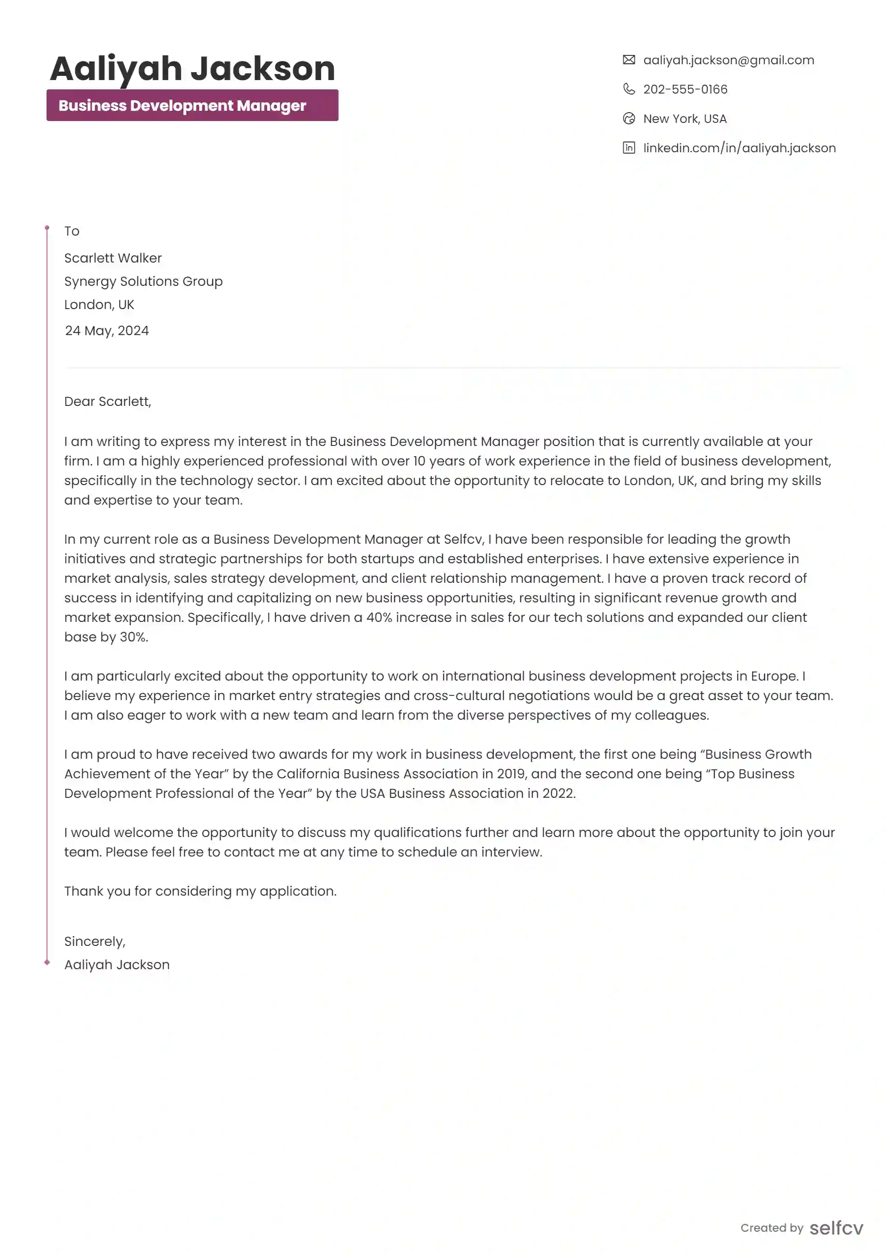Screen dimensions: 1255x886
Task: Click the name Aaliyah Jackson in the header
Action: [192, 69]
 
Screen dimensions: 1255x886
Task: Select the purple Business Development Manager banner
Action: [192, 106]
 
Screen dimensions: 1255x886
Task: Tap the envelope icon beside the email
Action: [629, 60]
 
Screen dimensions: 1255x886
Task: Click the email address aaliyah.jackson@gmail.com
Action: [728, 60]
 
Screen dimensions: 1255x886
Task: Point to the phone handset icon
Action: [629, 89]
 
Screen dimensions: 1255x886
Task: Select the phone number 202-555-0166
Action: [685, 89]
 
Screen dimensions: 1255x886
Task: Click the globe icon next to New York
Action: [629, 119]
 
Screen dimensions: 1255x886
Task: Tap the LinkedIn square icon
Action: [629, 148]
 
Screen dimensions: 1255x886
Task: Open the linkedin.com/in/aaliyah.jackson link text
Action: [739, 148]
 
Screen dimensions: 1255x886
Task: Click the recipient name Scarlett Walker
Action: [113, 258]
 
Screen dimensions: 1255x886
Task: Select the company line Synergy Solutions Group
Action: [143, 282]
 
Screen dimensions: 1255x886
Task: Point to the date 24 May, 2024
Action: [107, 331]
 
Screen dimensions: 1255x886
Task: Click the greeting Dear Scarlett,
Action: [107, 402]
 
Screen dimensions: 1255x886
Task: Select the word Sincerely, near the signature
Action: [94, 941]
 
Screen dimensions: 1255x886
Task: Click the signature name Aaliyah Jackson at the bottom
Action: [117, 965]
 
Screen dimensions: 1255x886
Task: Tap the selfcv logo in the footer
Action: [836, 1228]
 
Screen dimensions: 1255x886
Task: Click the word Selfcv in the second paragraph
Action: [463, 540]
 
